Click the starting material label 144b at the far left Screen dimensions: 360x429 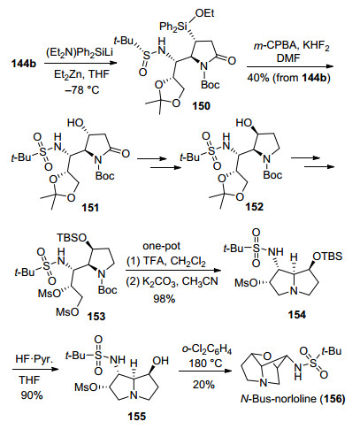pos(24,64)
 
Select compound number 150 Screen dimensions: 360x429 pos(202,106)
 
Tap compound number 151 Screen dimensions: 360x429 pos(90,208)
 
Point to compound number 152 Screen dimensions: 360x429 pos(254,207)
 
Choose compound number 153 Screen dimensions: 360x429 pos(96,317)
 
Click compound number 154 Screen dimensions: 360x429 pos(297,315)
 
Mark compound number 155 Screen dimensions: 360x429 pos(137,417)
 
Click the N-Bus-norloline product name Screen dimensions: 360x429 pos(293,399)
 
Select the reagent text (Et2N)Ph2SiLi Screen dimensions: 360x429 pos(80,53)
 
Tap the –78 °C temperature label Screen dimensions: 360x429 pos(80,89)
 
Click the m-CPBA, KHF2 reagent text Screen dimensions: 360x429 pos(292,47)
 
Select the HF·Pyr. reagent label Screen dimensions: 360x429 pos(34,359)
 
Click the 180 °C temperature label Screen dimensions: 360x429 pos(206,363)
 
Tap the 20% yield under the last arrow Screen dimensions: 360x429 pos(203,385)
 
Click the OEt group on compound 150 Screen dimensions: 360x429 pos(204,13)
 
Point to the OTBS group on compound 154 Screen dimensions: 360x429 pos(327,257)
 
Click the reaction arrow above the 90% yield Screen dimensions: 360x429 pos(34,369)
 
